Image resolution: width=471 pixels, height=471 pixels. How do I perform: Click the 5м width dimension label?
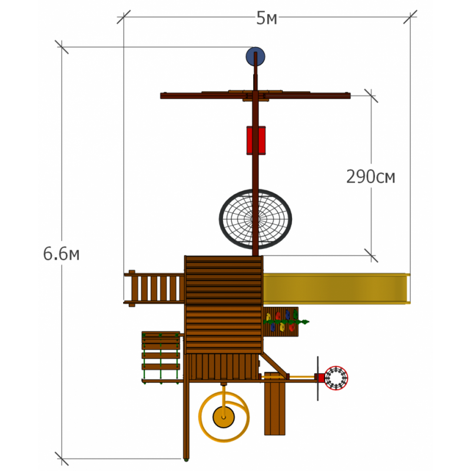point(267,19)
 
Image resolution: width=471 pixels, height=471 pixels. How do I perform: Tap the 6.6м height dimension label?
point(61,254)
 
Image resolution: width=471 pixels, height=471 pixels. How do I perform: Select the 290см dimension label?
point(370,177)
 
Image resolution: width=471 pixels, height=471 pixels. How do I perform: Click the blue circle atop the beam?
point(256,57)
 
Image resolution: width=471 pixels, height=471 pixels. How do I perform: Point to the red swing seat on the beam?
point(256,141)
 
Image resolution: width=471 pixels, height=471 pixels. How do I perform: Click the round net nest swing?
point(256,219)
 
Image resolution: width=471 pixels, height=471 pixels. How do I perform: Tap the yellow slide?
point(336,288)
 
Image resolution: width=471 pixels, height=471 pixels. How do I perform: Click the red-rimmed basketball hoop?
point(336,378)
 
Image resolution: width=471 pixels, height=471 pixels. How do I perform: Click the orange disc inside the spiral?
point(224,417)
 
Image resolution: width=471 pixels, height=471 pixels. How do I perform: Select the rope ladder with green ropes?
point(161,357)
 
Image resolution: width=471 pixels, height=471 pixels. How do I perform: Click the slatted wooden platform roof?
point(224,304)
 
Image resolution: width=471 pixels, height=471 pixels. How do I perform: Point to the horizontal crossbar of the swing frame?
point(256,95)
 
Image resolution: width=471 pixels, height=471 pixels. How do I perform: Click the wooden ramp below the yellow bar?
point(274,404)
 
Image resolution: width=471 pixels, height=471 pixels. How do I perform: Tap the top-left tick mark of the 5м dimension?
point(124,17)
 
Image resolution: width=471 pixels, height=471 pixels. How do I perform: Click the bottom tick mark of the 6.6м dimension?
point(62,459)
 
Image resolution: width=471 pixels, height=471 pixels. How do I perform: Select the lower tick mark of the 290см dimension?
point(371,256)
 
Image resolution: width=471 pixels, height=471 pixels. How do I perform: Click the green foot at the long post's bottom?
point(186,460)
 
